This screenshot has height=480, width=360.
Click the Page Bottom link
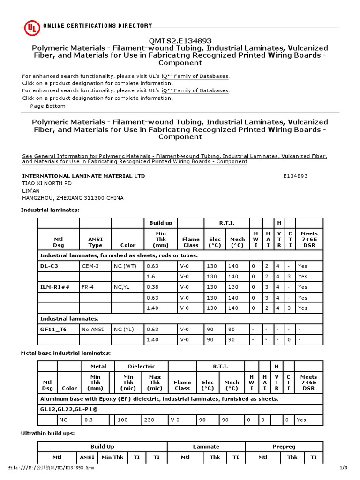tap(48, 106)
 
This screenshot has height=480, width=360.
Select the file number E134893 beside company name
tap(295, 176)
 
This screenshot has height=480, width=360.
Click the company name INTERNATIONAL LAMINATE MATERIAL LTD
tap(83, 176)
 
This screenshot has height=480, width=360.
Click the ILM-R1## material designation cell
tap(55, 287)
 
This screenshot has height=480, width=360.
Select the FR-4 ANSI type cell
tap(89, 287)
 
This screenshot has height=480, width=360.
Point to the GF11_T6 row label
tap(53, 329)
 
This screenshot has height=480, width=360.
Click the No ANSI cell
tap(93, 329)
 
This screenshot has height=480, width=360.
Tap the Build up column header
tap(161, 223)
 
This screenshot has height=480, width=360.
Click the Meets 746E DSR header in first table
tap(309, 239)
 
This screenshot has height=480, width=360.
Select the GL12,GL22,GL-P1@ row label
tap(70, 409)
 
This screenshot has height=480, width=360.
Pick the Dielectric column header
tap(141, 367)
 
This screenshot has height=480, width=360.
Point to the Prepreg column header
tap(284, 447)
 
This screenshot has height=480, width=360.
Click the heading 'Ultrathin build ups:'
tap(48, 433)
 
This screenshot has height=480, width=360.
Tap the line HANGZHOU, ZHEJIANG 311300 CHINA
tap(73, 198)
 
